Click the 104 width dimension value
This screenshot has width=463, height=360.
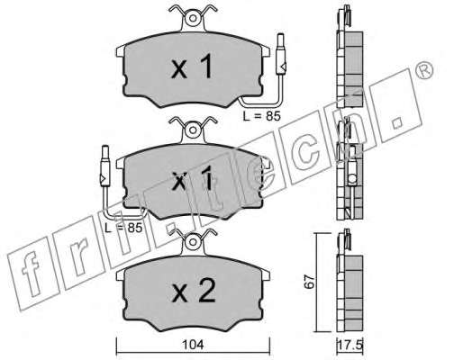[195, 345]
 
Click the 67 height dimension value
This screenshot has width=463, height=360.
[310, 282]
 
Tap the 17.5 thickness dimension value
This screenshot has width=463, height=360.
[350, 345]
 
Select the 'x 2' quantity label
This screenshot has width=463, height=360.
[194, 291]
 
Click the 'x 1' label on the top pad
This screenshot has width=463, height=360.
[192, 67]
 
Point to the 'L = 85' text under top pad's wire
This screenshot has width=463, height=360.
[261, 116]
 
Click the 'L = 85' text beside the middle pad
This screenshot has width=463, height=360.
[123, 228]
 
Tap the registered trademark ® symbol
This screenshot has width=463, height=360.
[424, 69]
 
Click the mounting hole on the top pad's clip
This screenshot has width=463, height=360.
[193, 19]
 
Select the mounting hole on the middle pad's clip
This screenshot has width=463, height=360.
[193, 130]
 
